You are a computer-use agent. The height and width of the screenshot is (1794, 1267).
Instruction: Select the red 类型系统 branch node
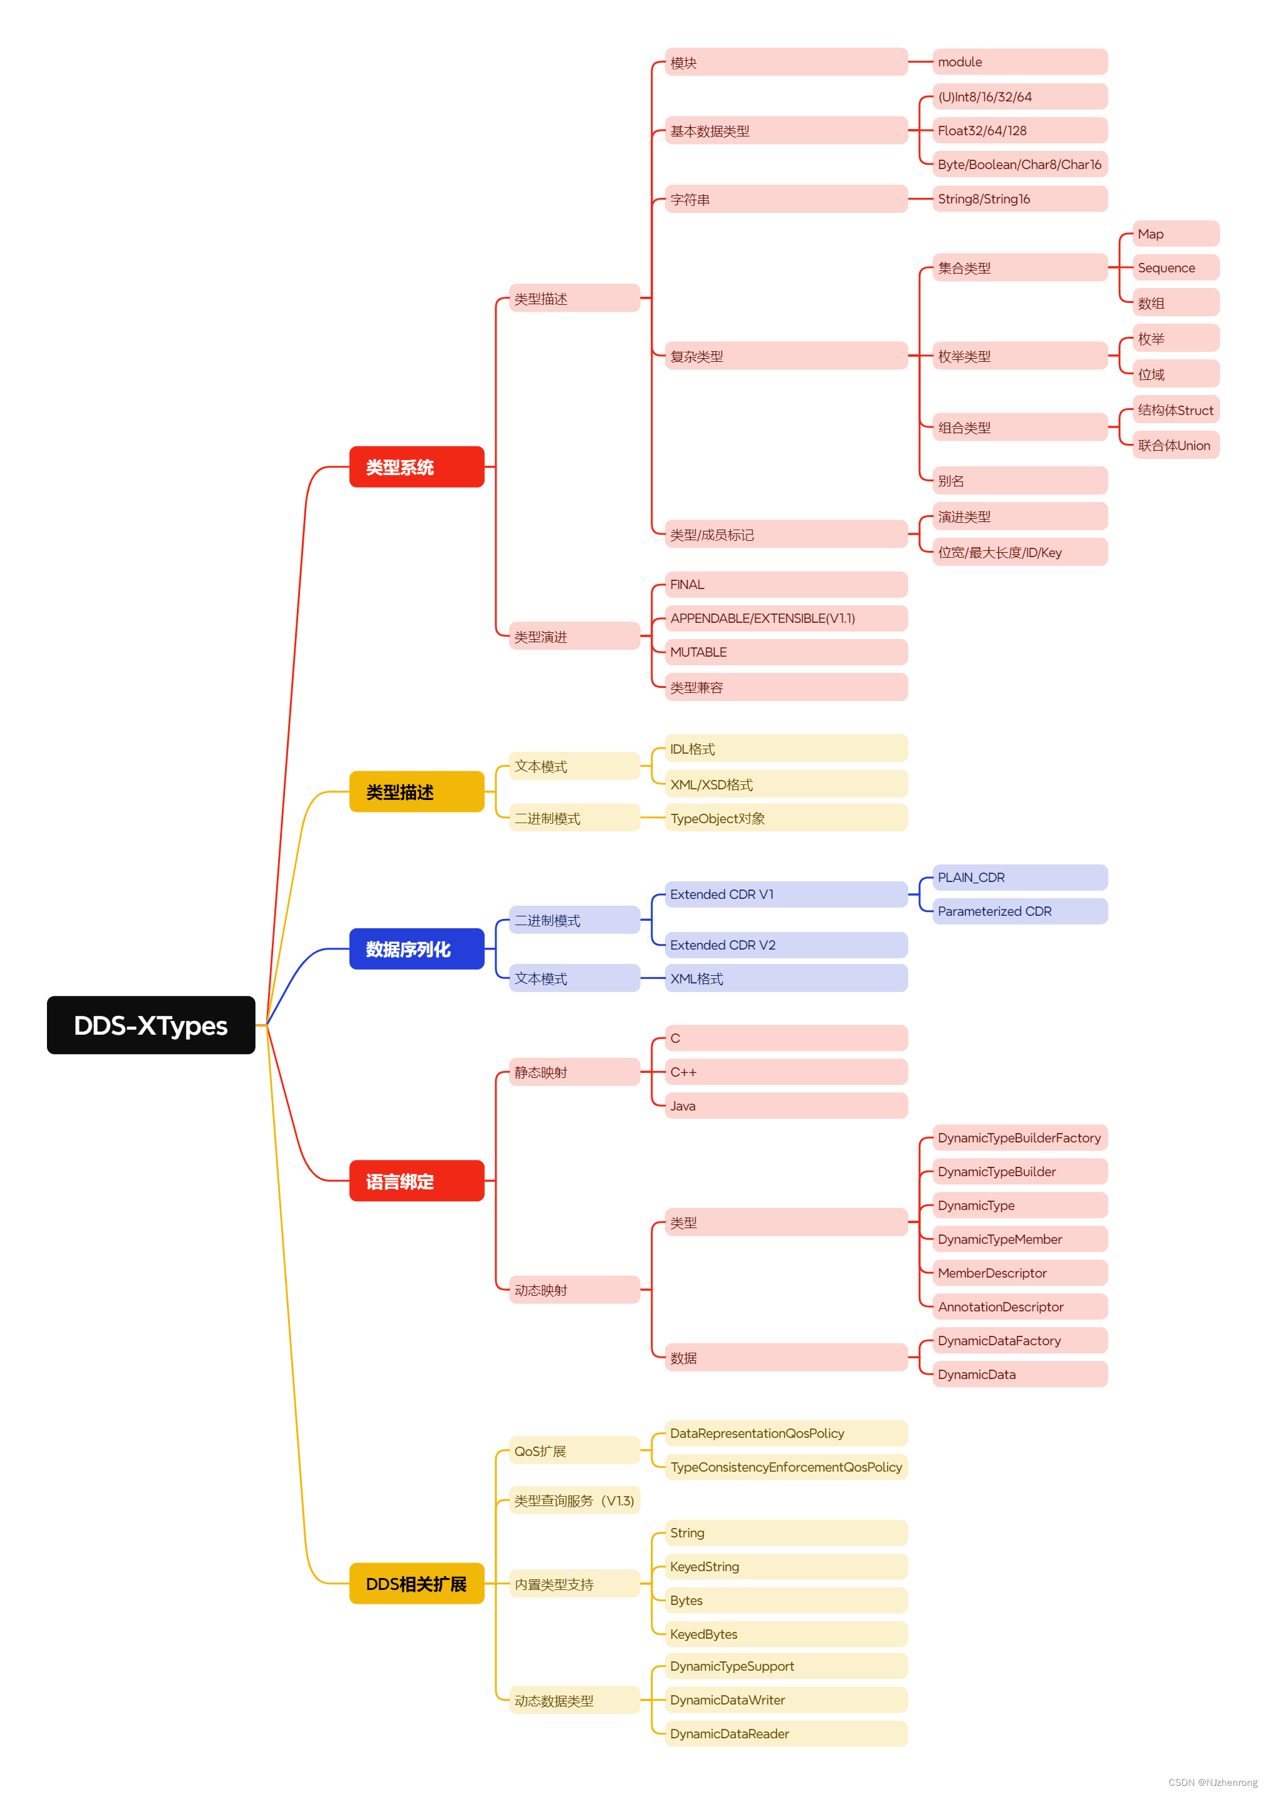point(416,466)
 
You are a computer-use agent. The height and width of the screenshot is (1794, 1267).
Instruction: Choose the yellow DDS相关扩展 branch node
point(416,1583)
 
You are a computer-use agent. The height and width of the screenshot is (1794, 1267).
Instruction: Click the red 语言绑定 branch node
point(416,1181)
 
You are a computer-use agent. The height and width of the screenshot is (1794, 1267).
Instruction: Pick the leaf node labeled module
point(1018,62)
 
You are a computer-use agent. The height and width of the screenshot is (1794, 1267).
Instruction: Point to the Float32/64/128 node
point(1018,130)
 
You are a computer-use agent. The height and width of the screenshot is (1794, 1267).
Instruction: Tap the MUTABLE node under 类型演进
point(785,652)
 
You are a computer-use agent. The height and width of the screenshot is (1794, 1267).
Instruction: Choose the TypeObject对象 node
point(785,818)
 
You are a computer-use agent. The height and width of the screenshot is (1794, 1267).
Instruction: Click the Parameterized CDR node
point(1018,911)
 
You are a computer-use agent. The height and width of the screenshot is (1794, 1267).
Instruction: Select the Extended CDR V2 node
point(785,945)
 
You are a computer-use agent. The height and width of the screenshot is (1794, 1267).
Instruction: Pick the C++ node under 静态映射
point(785,1072)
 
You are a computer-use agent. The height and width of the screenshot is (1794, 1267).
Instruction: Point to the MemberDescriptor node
point(1018,1273)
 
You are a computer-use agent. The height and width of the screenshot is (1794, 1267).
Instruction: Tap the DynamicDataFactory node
point(1018,1340)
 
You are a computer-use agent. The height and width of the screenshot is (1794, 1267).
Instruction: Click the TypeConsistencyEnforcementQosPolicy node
point(785,1467)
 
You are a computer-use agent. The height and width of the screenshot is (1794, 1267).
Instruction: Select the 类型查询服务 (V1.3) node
point(574,1500)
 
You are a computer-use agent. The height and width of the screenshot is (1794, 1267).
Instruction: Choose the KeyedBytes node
point(785,1634)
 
